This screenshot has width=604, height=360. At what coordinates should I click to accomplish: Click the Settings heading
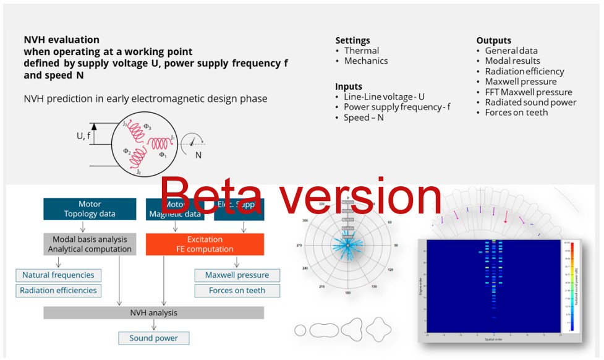[352, 41]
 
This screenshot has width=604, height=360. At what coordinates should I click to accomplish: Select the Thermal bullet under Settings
[361, 51]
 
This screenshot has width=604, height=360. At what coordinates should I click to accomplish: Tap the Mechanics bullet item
[366, 61]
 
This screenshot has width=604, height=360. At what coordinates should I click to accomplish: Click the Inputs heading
[349, 87]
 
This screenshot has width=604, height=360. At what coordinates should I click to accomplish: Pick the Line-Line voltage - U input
[384, 97]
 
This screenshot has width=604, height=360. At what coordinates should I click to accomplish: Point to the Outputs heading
[493, 41]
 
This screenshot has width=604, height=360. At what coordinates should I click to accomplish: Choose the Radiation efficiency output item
[524, 71]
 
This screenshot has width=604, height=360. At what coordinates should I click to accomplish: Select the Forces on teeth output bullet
[516, 113]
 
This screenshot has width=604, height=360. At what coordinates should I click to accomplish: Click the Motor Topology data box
[90, 209]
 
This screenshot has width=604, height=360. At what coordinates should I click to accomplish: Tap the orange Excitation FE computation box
[205, 244]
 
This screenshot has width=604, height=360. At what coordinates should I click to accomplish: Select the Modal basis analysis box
[90, 244]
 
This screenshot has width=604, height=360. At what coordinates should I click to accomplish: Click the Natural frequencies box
[58, 275]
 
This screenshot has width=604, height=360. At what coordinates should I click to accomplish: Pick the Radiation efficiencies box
[58, 291]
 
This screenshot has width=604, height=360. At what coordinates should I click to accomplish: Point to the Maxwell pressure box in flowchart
[237, 275]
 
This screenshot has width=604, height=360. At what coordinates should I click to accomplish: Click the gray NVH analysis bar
[153, 313]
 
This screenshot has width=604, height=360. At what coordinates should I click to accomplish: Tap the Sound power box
[153, 338]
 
